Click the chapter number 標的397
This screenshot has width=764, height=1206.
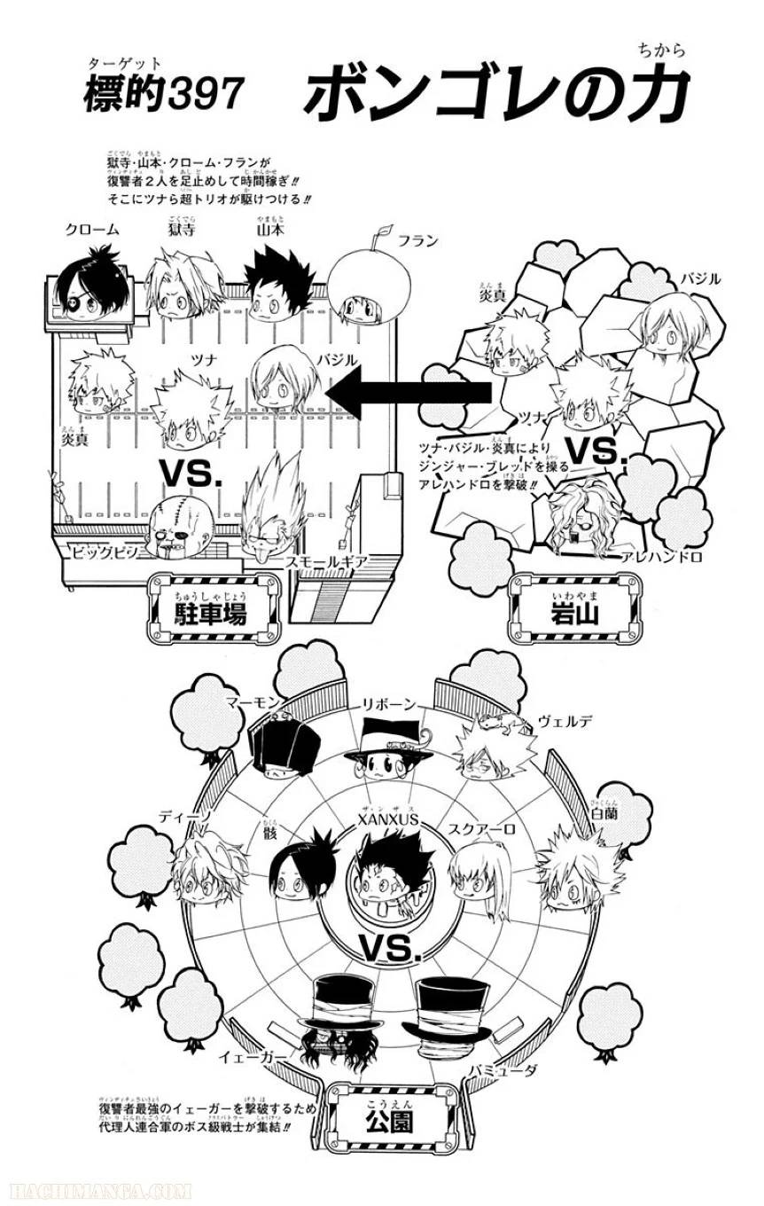163,94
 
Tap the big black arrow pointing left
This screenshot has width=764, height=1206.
407,394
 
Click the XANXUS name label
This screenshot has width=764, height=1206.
387,820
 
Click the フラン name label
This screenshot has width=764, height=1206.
417,240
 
